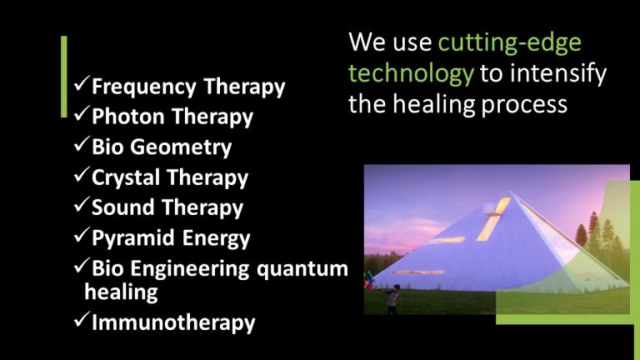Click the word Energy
click(213, 238)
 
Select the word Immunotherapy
click(173, 322)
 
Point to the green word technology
click(411, 73)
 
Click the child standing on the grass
click(392, 296)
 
